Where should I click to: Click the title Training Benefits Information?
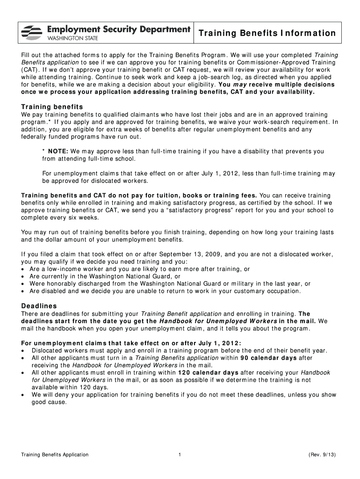click(267, 33)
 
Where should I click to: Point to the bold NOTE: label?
click(58, 151)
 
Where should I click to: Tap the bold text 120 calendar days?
click(209, 372)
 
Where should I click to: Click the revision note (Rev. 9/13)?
click(322, 455)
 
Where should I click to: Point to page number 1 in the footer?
click(180, 455)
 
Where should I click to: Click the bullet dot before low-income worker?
click(23, 269)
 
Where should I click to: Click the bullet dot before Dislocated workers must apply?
click(23, 351)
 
